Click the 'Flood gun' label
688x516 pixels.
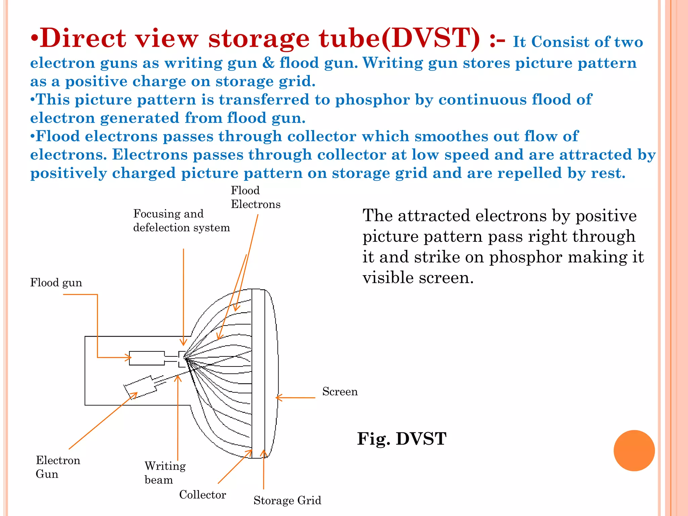pos(56,283)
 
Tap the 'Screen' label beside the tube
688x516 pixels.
pos(340,391)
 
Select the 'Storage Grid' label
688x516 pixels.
pos(287,500)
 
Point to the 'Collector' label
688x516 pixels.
pos(202,494)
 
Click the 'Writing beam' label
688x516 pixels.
pos(165,473)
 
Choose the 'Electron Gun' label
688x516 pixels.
pos(58,467)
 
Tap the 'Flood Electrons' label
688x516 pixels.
pos(255,197)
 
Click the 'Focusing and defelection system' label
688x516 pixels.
pos(181,221)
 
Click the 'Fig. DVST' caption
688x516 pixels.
pos(401,439)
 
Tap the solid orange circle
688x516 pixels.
pos(634,450)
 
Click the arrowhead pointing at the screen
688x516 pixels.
pos(278,398)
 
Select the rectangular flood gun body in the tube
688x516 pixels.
pos(147,358)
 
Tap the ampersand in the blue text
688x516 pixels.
pos(268,63)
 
